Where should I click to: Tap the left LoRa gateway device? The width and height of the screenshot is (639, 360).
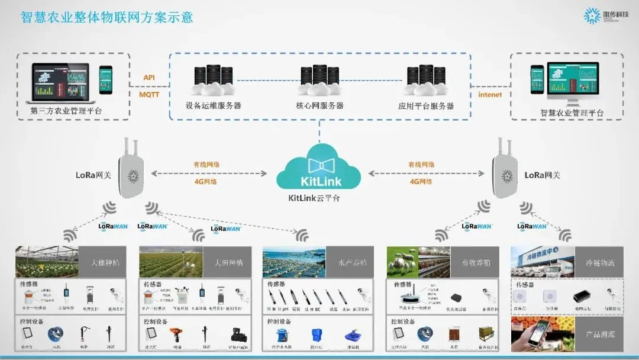point(131,173)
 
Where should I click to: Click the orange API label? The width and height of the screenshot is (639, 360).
point(149,78)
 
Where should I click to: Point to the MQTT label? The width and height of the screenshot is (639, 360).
point(149,94)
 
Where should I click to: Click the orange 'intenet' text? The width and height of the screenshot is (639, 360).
point(490,94)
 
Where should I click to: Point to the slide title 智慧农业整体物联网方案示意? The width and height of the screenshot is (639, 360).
point(107,17)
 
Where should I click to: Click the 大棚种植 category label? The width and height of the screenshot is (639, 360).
point(105,262)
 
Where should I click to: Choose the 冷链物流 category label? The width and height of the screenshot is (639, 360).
point(600,262)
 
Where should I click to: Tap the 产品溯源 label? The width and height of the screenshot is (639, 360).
point(600,335)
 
